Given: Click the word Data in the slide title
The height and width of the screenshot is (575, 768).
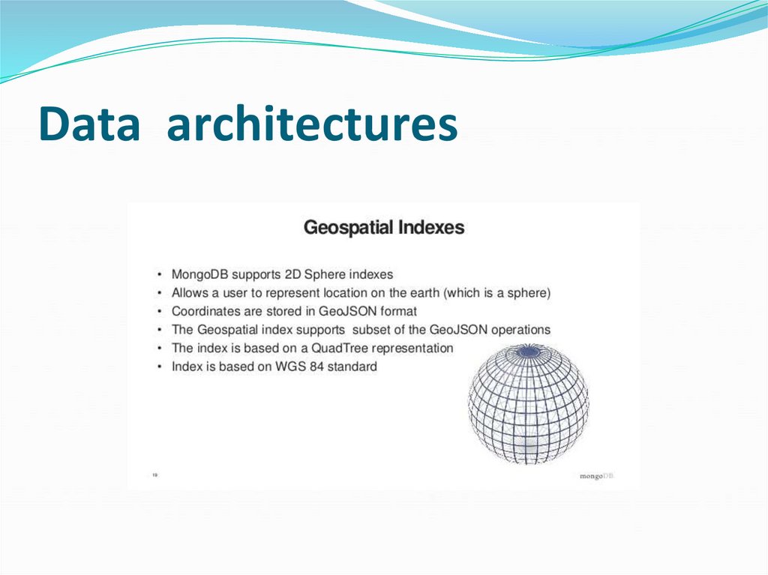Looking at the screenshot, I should click(x=89, y=124).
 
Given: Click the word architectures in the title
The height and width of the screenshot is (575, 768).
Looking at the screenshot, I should click(x=312, y=124).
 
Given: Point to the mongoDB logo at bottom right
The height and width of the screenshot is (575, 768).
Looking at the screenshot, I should click(x=596, y=475).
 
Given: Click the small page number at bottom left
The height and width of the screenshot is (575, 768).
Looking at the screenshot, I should click(x=154, y=475).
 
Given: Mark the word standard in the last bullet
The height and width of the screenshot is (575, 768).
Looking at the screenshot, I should click(x=352, y=367).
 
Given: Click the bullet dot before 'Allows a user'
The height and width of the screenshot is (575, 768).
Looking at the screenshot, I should click(x=160, y=294).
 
